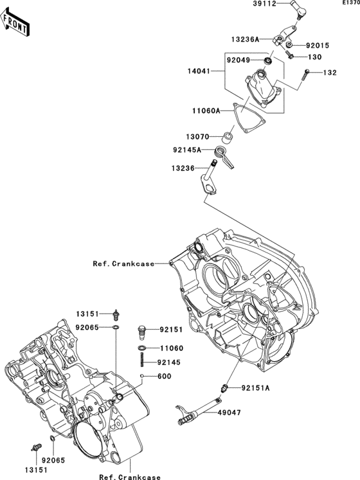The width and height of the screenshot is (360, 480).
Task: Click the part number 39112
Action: (x=264, y=3)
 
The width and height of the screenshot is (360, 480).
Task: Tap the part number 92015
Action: (x=316, y=46)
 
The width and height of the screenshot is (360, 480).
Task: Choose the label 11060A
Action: (x=205, y=111)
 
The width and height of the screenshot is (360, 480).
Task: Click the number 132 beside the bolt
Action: (x=330, y=72)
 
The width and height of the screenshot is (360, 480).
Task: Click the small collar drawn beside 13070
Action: (x=227, y=137)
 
